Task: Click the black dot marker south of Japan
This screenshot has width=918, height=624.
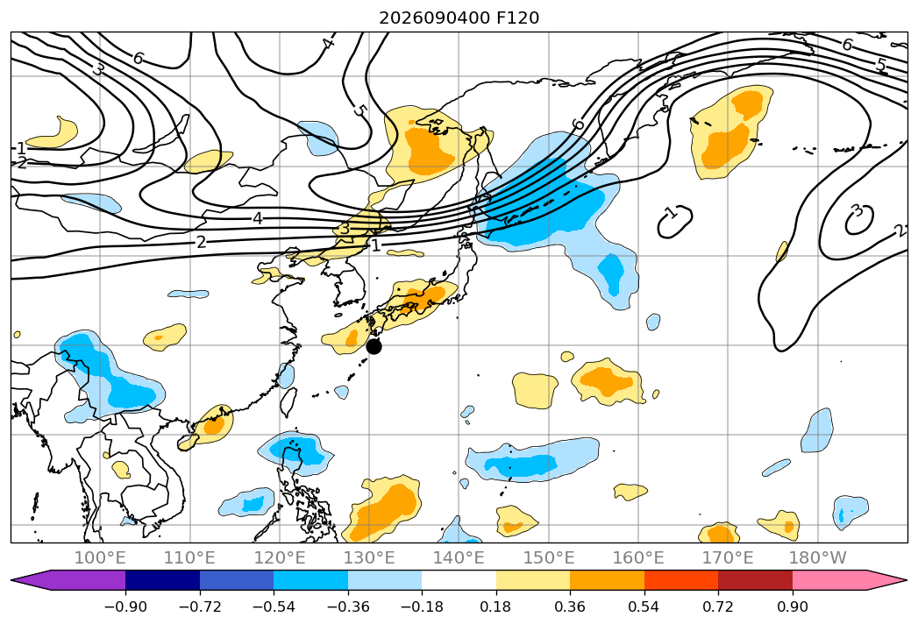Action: (374, 346)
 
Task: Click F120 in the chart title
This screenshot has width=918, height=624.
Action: (517, 18)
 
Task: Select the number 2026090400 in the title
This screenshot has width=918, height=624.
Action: (434, 18)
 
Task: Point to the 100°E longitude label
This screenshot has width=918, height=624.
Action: (100, 558)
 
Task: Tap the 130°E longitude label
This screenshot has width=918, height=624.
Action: (369, 558)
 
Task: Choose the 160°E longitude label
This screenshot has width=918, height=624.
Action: (638, 558)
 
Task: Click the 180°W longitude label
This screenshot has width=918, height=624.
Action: (817, 558)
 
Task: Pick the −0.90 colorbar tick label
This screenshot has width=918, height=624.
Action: (125, 606)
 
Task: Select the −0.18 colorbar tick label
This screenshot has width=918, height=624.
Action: (422, 606)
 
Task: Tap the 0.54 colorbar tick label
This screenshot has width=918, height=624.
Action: (644, 606)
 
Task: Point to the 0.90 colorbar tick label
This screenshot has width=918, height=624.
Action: (792, 606)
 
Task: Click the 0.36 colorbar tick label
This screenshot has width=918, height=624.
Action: (570, 606)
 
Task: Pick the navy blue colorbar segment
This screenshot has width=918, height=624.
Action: (162, 580)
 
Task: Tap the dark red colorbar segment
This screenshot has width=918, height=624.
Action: (755, 580)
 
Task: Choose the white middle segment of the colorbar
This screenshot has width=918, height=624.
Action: (459, 580)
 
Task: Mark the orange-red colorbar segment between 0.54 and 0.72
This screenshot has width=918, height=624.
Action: (681, 580)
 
